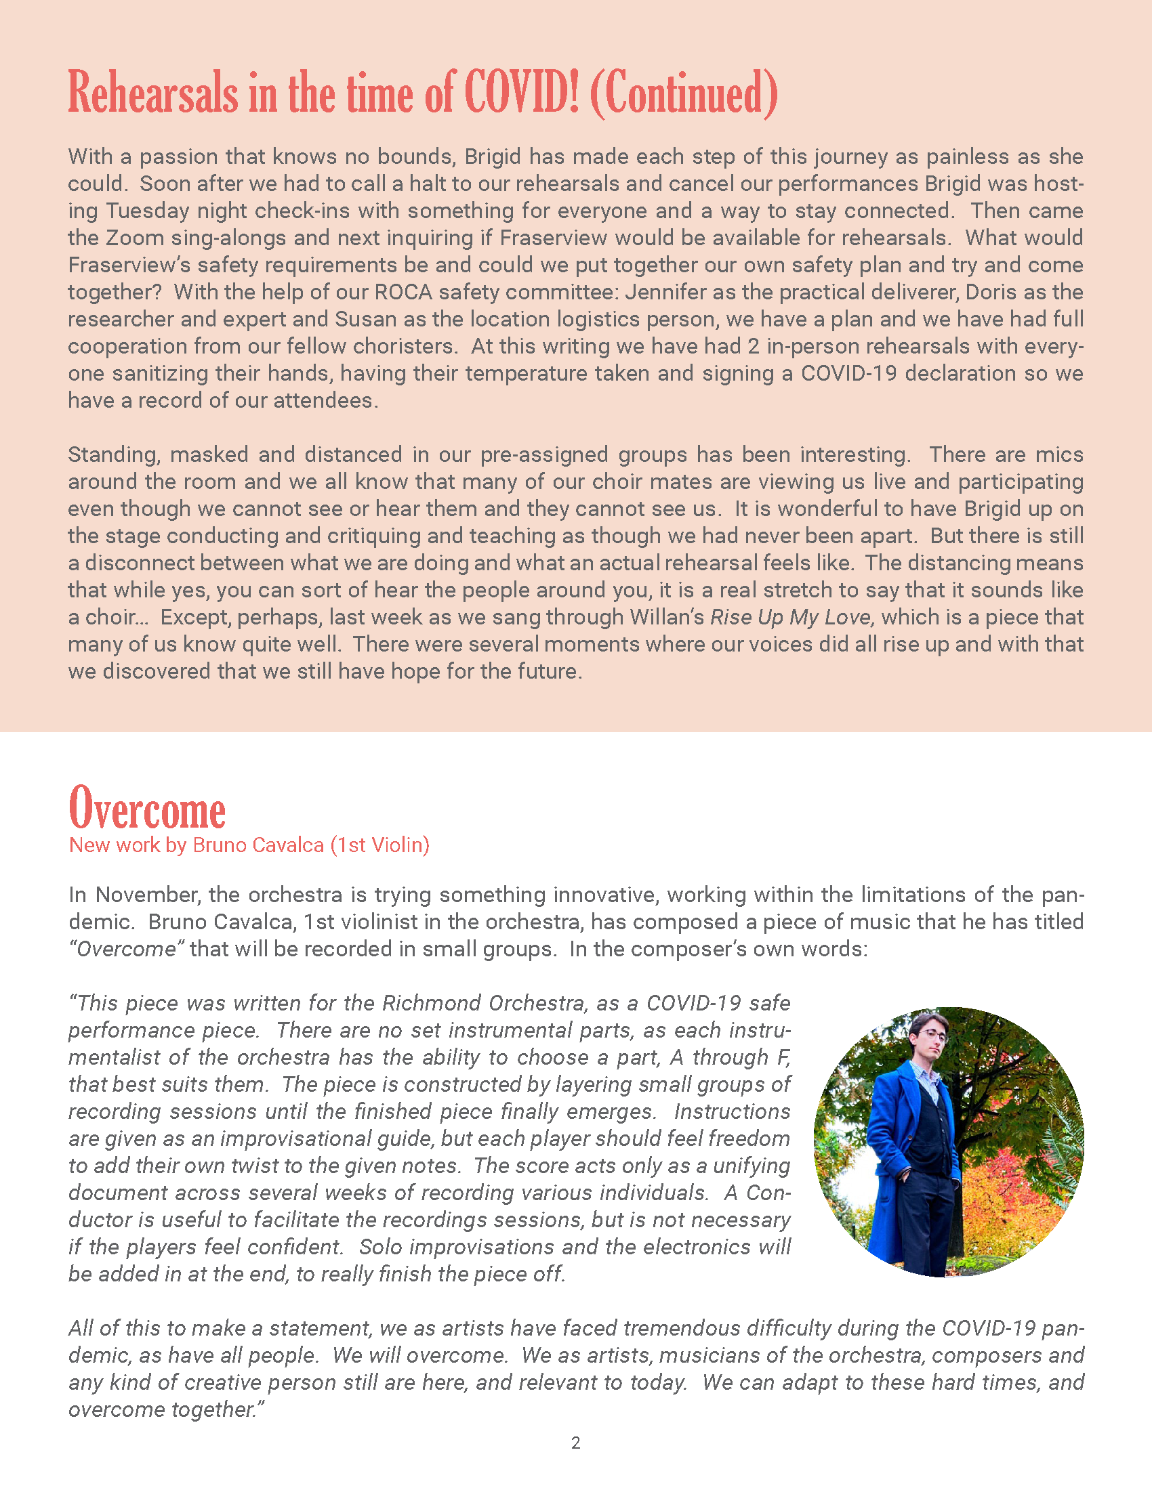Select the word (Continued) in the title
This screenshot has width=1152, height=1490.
click(683, 93)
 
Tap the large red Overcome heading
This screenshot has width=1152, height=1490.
click(147, 810)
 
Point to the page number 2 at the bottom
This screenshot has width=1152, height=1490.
click(575, 1443)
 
